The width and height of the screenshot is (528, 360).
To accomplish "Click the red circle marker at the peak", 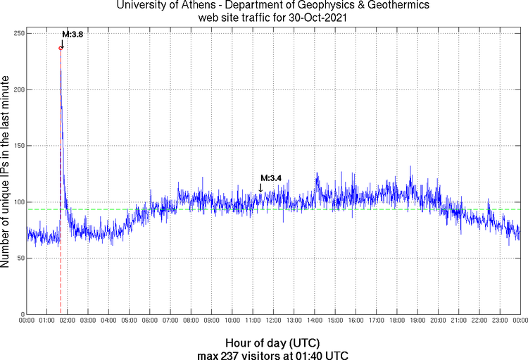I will (x=61, y=48).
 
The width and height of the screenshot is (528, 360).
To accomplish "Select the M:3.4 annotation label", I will (x=271, y=178).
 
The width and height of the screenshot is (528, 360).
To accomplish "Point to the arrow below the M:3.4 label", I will (x=260, y=188).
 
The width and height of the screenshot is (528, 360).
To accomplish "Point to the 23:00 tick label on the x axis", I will (x=500, y=321).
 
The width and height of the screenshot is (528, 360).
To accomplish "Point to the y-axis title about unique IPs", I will (x=6, y=173).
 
